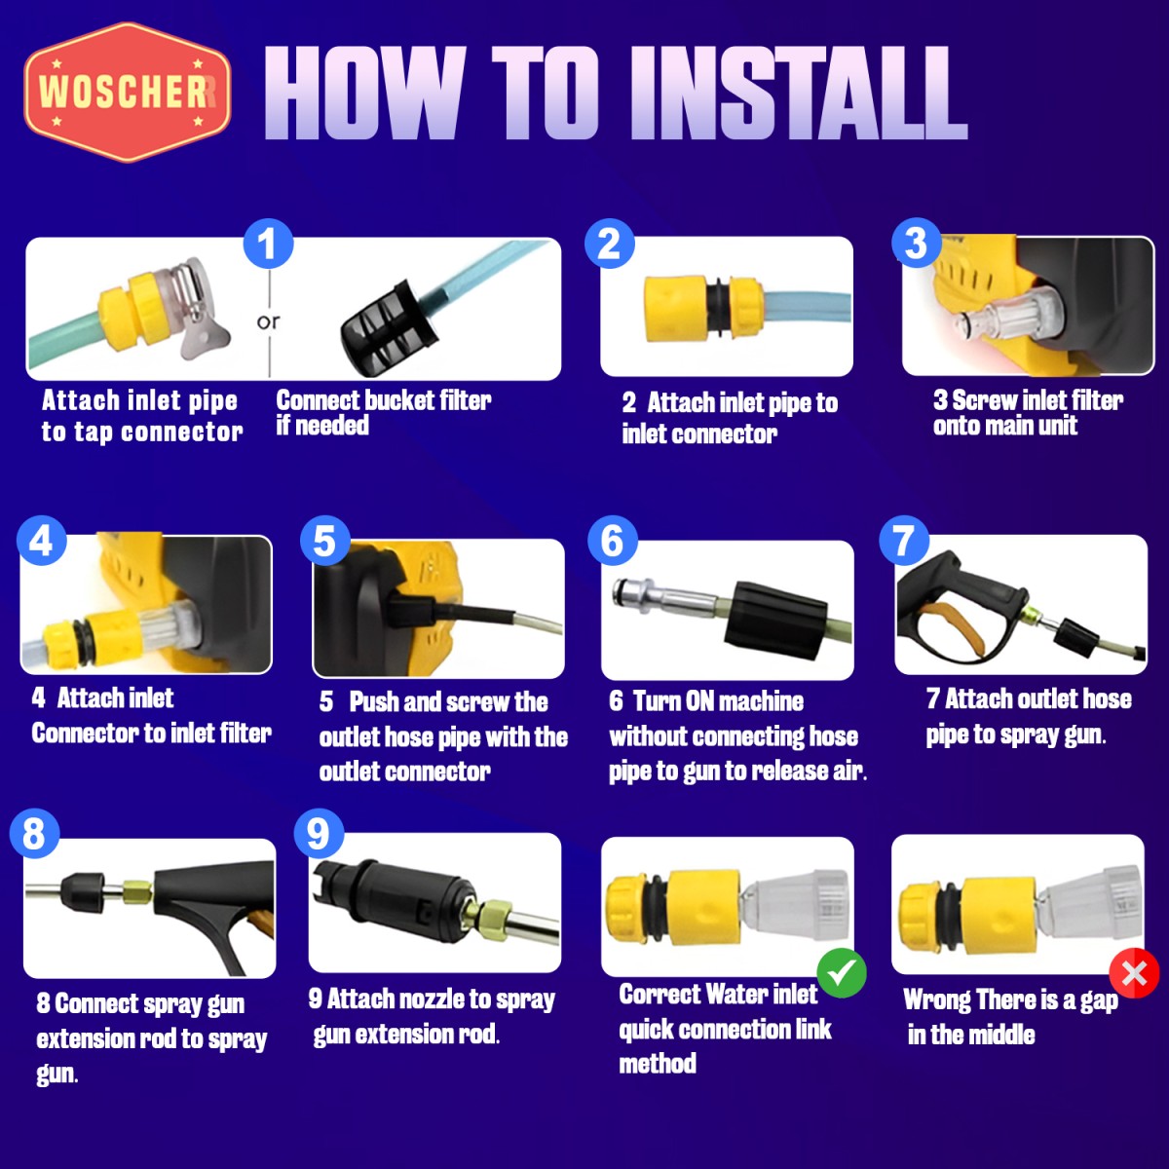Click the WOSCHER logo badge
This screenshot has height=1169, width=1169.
click(x=128, y=93)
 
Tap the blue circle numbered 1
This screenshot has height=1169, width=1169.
click(x=268, y=244)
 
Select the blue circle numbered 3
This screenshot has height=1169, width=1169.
click(x=916, y=243)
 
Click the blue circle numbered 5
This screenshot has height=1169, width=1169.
click(x=325, y=541)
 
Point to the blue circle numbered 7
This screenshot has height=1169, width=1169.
click(x=904, y=540)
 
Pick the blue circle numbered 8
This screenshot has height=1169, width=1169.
click(x=34, y=833)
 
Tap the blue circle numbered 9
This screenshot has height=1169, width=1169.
click(x=319, y=834)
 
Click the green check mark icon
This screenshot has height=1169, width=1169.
click(x=842, y=973)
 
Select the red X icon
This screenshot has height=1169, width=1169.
click(x=1134, y=973)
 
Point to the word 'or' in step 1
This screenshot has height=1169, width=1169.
click(x=268, y=321)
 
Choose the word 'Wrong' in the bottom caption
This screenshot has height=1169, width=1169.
click(x=937, y=999)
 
